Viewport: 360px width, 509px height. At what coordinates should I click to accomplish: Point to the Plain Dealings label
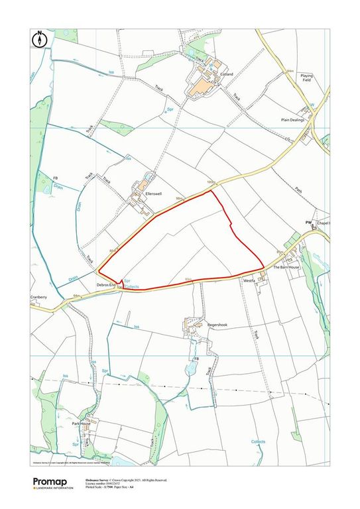292,120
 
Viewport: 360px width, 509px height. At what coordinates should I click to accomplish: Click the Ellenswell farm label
163,193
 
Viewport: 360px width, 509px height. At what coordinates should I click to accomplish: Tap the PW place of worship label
308,223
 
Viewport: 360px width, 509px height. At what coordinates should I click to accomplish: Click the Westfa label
249,280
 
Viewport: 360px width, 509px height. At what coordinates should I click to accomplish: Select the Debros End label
106,284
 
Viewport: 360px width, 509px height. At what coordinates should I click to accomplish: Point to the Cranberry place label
38,298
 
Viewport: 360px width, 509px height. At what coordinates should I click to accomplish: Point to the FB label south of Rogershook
196,359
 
